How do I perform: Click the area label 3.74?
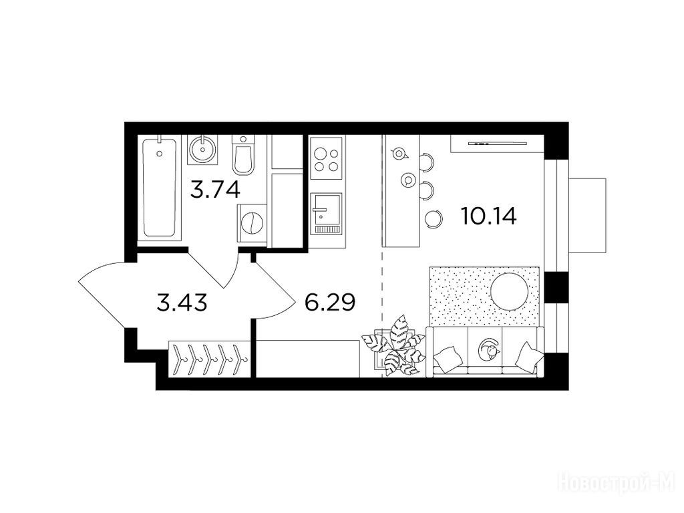tap(216, 190)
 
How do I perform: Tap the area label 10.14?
tap(488, 216)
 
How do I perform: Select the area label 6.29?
tap(330, 303)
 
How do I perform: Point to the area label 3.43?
tap(182, 303)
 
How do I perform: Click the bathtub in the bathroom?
tap(159, 187)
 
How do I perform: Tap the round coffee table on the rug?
tap(510, 291)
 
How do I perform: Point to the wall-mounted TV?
tap(497, 143)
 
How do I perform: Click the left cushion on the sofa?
tap(448, 356)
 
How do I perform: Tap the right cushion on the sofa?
tap(529, 355)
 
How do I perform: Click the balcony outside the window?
tap(587, 216)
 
